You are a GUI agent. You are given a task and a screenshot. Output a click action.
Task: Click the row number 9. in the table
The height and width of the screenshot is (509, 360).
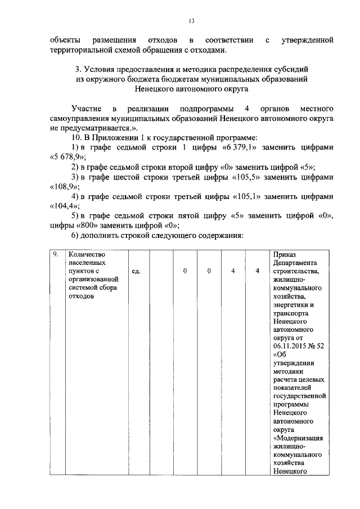click(55, 255)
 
